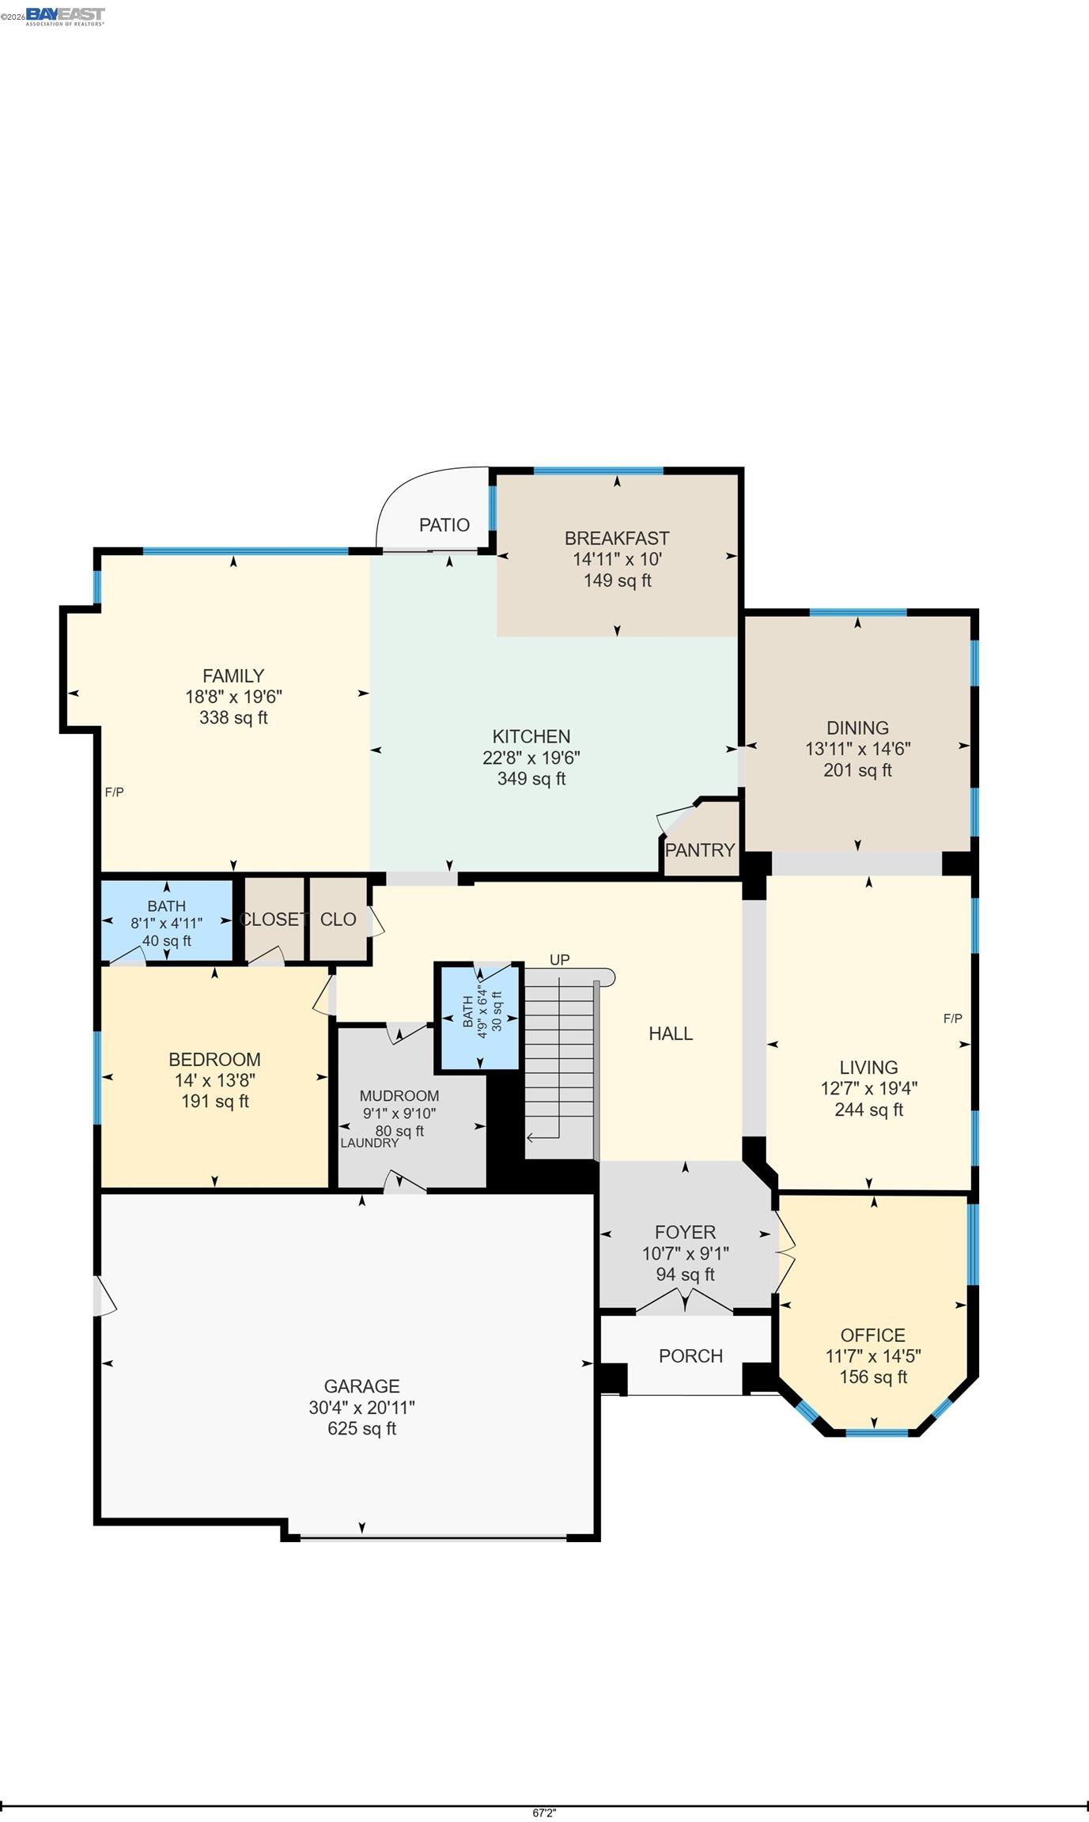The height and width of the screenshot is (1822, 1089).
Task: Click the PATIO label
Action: [x=444, y=525]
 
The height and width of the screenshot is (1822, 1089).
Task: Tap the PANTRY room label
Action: [x=700, y=850]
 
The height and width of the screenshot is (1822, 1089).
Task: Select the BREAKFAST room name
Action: [x=617, y=539]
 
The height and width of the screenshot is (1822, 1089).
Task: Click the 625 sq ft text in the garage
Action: [x=361, y=1428]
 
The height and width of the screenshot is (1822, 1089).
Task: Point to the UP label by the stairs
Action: [x=559, y=960]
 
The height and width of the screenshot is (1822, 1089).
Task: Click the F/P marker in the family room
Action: [x=115, y=792]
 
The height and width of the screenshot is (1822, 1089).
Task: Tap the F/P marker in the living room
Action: [x=952, y=1019]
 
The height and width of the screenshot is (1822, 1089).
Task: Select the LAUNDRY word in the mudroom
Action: [x=369, y=1143]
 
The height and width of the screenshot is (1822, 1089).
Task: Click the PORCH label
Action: [x=690, y=1356]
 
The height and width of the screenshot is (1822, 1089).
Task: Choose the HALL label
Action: [x=671, y=1034]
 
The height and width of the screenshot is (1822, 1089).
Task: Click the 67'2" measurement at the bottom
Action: [x=544, y=1813]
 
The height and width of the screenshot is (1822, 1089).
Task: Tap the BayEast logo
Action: [x=65, y=15]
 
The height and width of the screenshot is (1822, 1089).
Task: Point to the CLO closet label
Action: [x=338, y=920]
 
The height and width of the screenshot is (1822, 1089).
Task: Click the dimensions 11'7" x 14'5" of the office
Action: [x=873, y=1356]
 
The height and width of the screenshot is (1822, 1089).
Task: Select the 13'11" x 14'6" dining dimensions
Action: [x=857, y=749]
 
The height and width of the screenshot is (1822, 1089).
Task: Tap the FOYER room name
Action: [x=685, y=1232]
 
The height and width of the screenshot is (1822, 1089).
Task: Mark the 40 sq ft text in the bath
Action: [x=166, y=941]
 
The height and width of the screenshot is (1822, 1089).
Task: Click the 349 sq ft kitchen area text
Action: [x=531, y=779]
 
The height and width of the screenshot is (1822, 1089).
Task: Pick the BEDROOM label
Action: [x=214, y=1060]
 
